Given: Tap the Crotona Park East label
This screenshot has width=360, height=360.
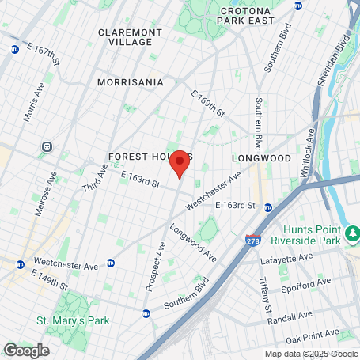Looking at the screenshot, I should point(247,17).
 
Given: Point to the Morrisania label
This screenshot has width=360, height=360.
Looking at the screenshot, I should point(131,81).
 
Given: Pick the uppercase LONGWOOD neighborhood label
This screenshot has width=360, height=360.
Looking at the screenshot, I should point(265,158).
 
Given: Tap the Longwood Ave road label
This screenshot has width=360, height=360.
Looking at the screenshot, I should point(192,244).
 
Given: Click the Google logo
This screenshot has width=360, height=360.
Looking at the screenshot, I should point(26,350).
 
